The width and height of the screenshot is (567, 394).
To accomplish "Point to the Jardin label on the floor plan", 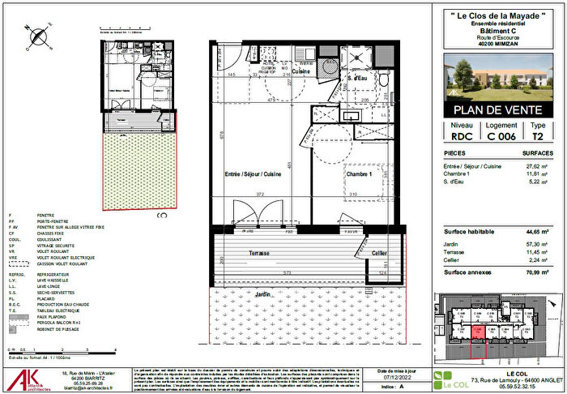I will [262, 293].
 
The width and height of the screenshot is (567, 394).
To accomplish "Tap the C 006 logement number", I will [501, 137].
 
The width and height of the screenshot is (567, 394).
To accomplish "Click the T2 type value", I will [538, 137].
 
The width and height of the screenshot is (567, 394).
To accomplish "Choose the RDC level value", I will [462, 137].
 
